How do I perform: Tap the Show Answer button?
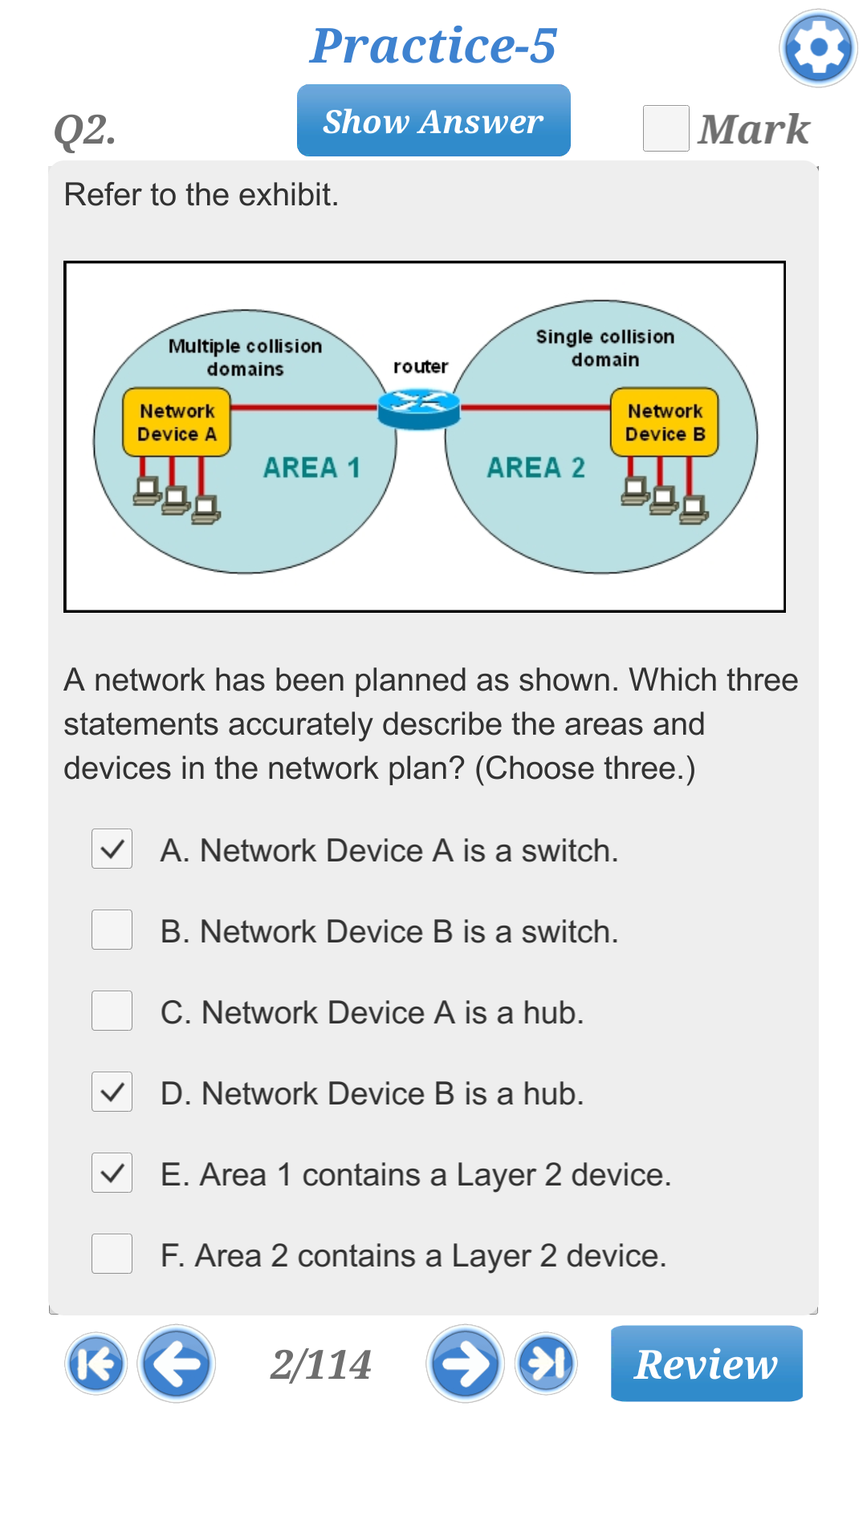(433, 121)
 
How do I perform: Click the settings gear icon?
(818, 48)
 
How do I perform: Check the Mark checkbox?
(666, 128)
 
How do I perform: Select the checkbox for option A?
(112, 849)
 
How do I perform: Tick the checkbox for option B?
(112, 930)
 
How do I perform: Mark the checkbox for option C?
(112, 1011)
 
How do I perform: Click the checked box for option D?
(112, 1092)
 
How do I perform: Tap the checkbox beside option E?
(112, 1173)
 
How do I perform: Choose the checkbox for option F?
(112, 1254)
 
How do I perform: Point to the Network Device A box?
(177, 423)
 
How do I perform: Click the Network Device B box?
(665, 423)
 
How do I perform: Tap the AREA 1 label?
(311, 468)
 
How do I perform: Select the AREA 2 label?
(535, 468)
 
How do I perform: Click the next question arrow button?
(465, 1364)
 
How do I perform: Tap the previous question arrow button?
(176, 1364)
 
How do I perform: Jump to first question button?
(96, 1364)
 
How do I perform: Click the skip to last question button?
(546, 1364)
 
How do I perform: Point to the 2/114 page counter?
(320, 1364)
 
